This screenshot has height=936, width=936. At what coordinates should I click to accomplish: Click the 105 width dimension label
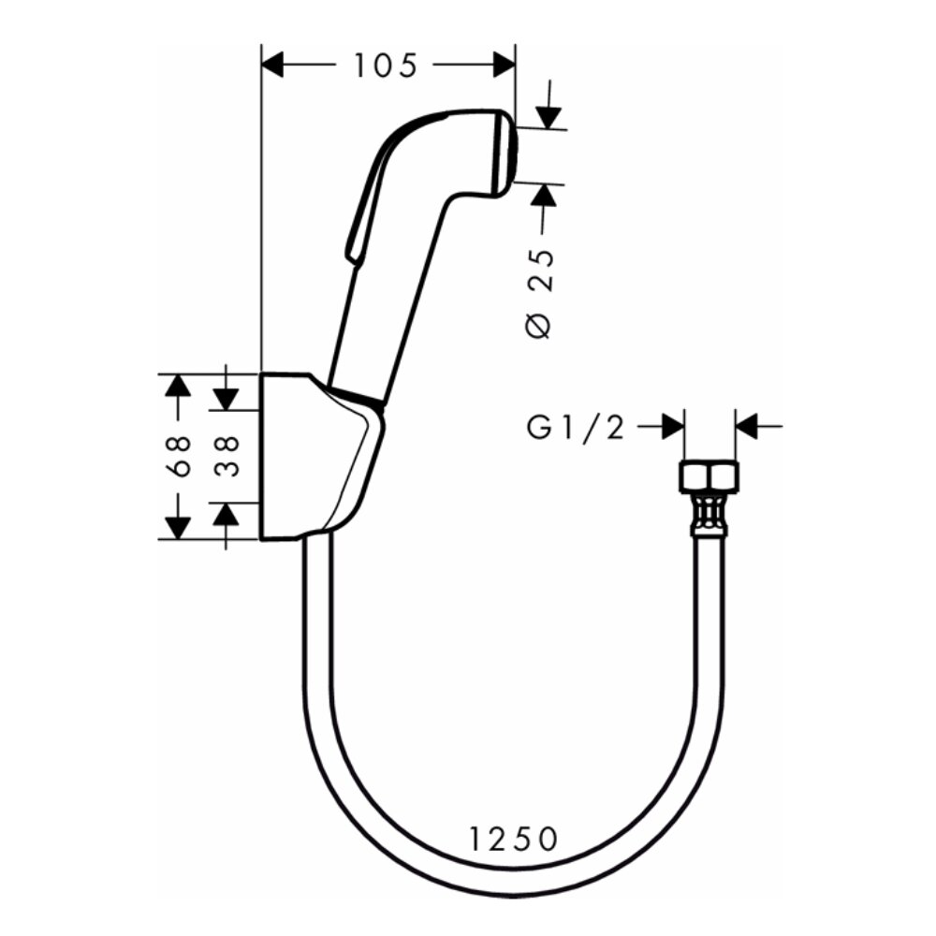coord(385,66)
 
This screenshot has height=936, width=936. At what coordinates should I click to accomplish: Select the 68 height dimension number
coord(183,456)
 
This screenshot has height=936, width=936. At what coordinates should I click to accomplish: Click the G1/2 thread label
coord(576,428)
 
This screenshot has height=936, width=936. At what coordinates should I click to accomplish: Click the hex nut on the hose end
coord(709,476)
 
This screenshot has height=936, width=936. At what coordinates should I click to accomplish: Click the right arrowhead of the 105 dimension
coord(504,65)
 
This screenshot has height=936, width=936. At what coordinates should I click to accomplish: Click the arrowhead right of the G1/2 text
coord(672,427)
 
